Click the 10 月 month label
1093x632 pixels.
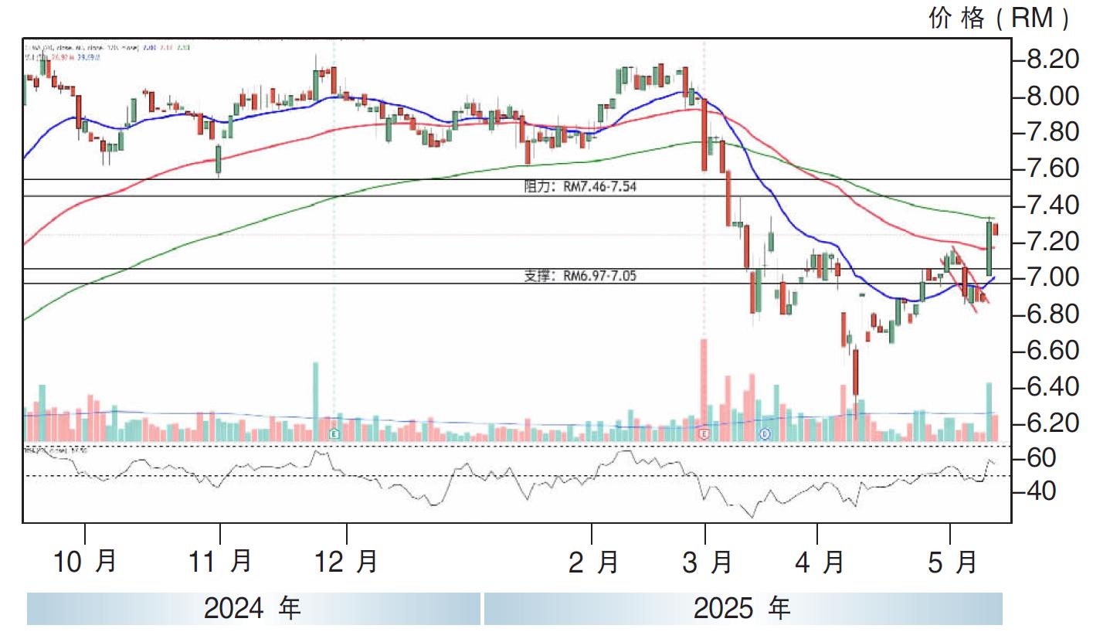click(85, 562)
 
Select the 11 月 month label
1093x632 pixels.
click(220, 562)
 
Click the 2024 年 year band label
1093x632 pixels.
click(253, 609)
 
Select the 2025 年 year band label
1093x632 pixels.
click(742, 609)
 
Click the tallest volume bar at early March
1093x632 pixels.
click(704, 389)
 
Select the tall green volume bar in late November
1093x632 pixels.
click(315, 401)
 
